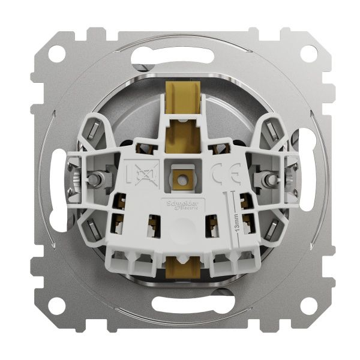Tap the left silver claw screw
tap(95, 179)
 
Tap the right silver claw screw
tap(265, 179)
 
